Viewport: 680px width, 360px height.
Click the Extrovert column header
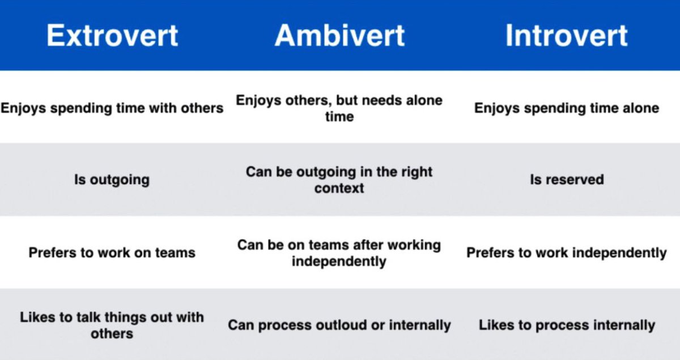tap(112, 35)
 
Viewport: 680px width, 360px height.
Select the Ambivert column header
tap(339, 35)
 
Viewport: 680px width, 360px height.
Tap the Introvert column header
tap(566, 35)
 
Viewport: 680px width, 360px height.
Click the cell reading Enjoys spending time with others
tap(112, 108)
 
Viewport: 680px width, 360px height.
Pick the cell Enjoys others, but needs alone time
tap(339, 108)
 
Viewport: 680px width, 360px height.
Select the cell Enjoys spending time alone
tap(566, 108)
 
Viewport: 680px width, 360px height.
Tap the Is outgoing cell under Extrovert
tap(112, 180)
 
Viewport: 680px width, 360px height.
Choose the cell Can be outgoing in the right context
tap(339, 180)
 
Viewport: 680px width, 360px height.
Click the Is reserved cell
tap(566, 180)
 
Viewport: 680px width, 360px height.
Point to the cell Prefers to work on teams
tap(112, 252)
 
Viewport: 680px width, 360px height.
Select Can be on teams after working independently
tap(339, 253)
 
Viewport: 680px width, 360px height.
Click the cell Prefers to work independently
tap(566, 252)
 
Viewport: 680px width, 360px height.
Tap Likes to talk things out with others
tap(112, 325)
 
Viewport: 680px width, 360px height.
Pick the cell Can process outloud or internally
tap(339, 325)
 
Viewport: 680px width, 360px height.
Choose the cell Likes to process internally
tap(566, 325)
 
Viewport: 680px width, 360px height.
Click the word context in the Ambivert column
tap(339, 188)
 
